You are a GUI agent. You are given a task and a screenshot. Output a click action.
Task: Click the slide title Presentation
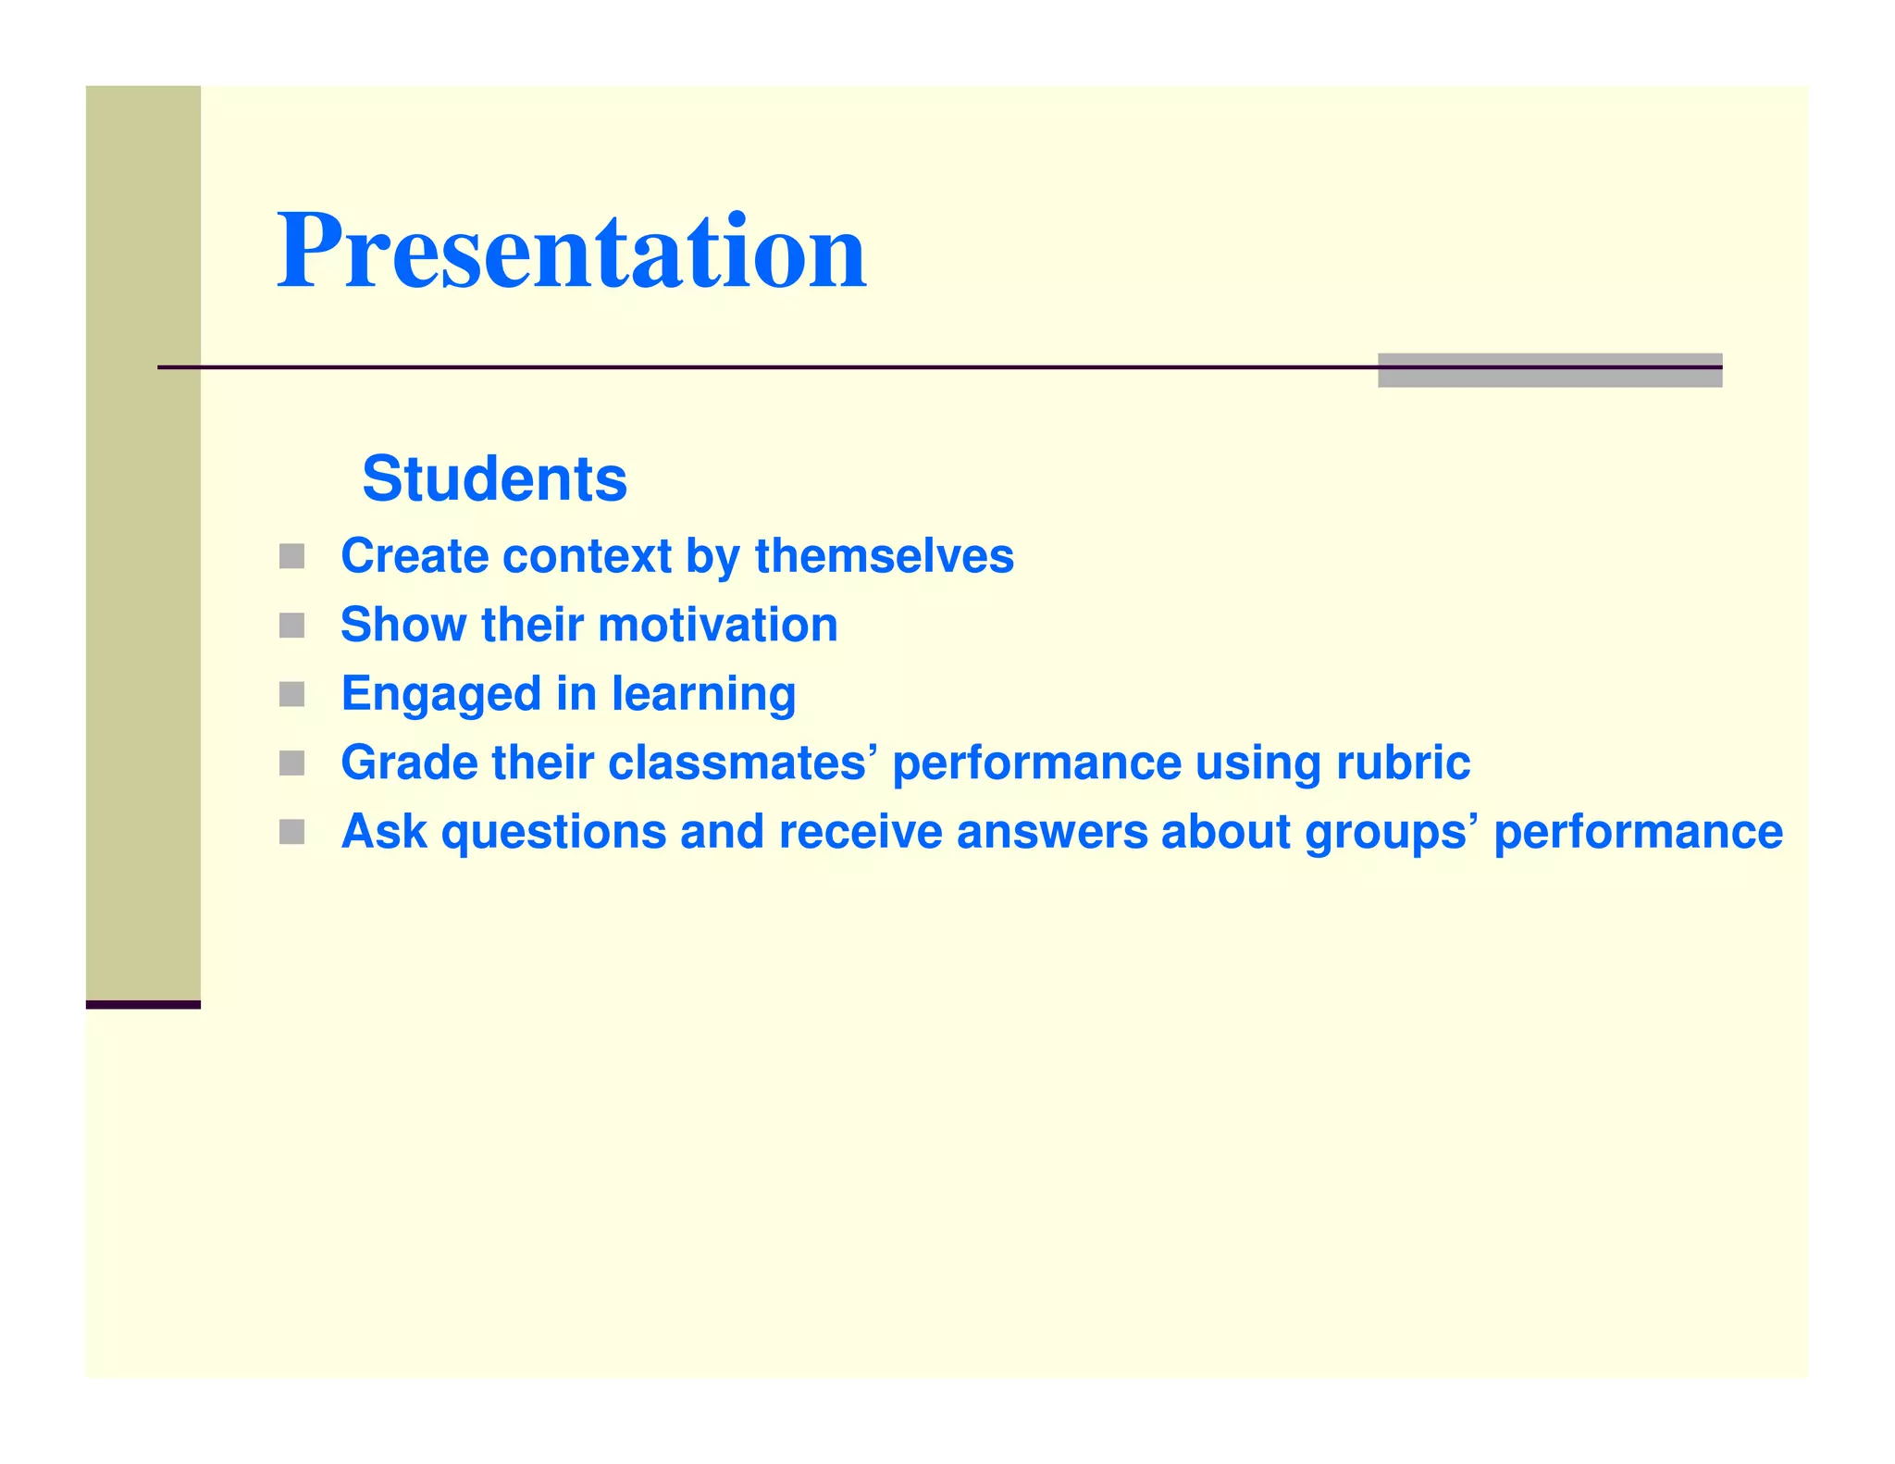[571, 252]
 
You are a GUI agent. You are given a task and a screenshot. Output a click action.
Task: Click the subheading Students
[494, 479]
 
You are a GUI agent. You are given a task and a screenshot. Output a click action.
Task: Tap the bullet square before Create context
[291, 556]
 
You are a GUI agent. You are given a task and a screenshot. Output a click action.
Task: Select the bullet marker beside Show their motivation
[291, 626]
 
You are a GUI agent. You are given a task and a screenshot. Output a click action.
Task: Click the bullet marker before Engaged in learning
[291, 694]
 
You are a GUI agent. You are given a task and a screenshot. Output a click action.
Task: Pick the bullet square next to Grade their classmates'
[291, 763]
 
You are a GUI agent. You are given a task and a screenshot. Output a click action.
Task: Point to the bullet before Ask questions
[291, 832]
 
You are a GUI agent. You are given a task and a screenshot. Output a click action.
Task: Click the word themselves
[884, 556]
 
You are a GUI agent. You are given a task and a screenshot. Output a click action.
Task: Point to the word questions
[553, 832]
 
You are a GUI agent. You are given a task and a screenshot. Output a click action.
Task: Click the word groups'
[1385, 832]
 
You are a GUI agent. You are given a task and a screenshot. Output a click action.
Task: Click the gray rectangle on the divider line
[1549, 370]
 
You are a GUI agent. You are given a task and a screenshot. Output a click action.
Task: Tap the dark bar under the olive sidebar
[143, 1004]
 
